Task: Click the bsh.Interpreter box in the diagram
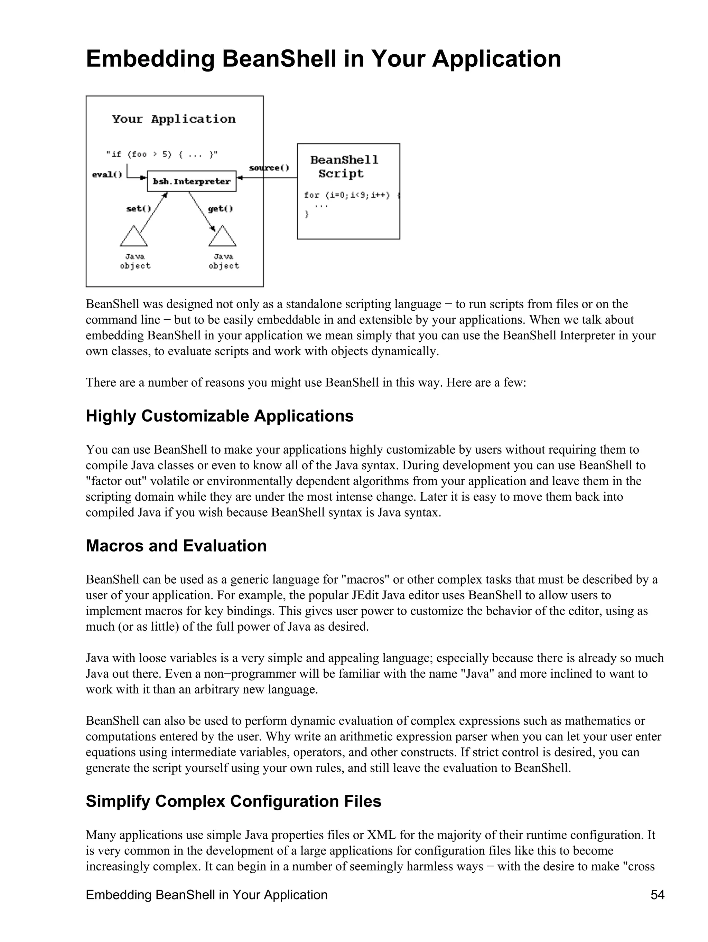(191, 181)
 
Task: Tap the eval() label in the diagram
(107, 175)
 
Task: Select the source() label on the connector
(269, 168)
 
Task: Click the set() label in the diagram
(138, 209)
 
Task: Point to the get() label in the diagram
(220, 209)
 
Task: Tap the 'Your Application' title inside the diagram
(174, 119)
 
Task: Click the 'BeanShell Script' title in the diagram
(344, 167)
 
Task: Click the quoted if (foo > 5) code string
(162, 154)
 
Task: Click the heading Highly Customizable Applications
(220, 416)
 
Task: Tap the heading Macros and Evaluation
(176, 546)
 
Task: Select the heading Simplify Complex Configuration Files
(233, 801)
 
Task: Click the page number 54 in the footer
(657, 895)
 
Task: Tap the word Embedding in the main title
(150, 59)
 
